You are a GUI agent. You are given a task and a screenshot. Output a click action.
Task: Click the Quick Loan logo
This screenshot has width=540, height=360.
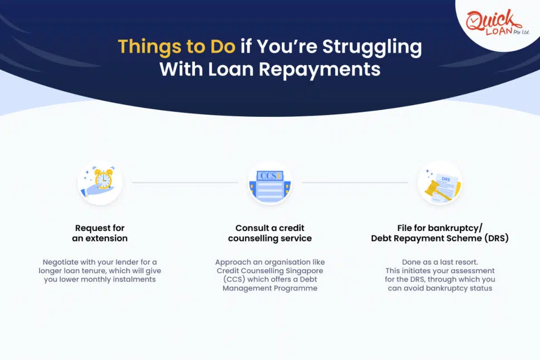[x=494, y=24]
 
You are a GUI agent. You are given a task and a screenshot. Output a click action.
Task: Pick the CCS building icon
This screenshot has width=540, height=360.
[x=270, y=183]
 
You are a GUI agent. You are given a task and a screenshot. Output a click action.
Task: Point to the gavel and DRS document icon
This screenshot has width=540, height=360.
[x=440, y=183]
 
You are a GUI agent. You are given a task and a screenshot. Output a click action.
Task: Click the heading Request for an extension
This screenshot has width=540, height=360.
[x=100, y=233]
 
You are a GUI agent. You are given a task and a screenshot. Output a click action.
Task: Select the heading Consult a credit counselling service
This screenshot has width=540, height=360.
[x=270, y=233]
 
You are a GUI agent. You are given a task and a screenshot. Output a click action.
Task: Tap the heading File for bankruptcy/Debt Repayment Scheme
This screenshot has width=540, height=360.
[x=440, y=233]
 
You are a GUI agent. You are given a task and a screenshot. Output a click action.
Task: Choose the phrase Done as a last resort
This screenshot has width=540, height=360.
[x=440, y=262]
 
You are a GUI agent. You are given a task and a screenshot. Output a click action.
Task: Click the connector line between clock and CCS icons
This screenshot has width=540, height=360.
[x=185, y=183]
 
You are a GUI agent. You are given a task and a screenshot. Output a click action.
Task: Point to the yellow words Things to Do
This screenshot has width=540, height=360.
[x=176, y=47]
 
